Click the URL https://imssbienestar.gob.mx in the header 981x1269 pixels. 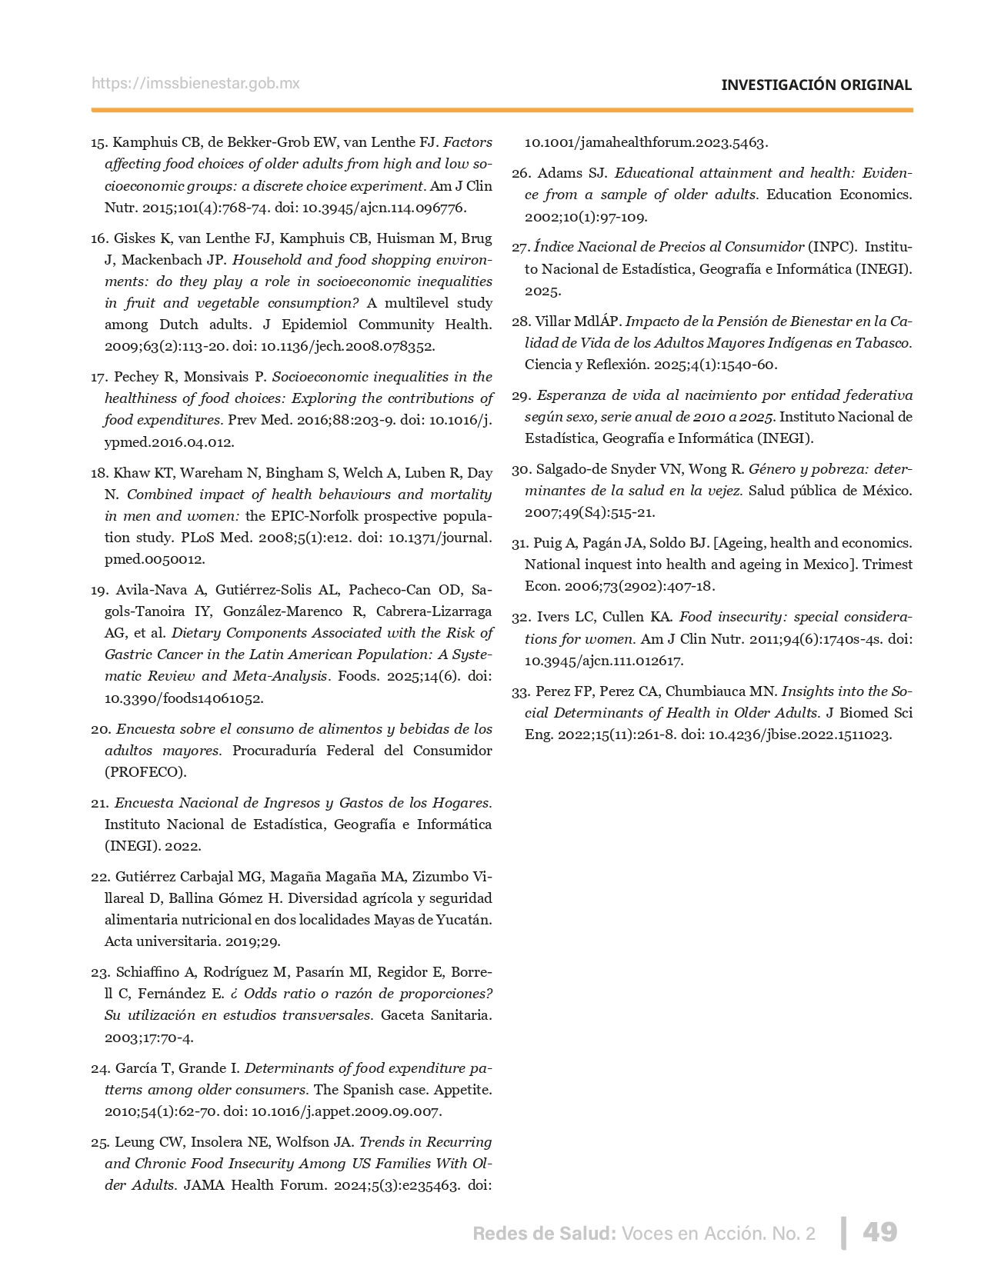195,84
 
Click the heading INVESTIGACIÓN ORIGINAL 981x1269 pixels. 816,85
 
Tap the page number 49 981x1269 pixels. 879,1232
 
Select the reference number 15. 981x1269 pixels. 98,142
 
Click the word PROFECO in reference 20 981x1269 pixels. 145,772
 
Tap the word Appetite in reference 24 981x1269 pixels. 465,1090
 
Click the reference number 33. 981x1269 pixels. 521,691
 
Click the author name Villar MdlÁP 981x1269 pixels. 577,321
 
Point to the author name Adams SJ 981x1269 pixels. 572,173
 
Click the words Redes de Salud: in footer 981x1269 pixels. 544,1234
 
